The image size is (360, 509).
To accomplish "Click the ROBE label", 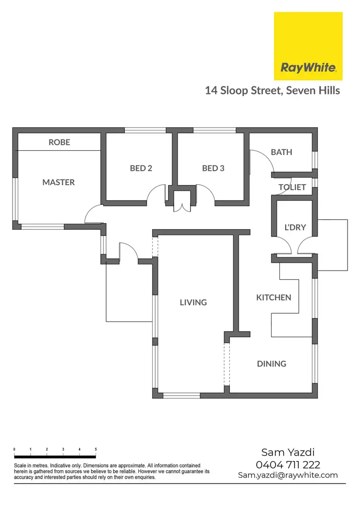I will click(59, 142).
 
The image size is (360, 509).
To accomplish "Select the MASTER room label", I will click(59, 182).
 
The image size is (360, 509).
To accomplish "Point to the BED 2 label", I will click(141, 168).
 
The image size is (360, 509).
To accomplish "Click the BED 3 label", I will click(213, 168).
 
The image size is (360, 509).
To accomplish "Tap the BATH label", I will click(281, 152).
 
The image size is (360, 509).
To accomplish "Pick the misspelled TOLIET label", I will click(292, 187).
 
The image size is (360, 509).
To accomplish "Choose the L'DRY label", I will click(294, 227).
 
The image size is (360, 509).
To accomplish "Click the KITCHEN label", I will click(274, 297).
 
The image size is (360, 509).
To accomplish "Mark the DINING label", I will click(272, 364).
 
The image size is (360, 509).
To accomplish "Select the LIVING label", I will click(193, 302).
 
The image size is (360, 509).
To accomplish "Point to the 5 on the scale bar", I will click(96, 449).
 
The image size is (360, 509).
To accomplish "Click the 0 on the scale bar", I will click(14, 449).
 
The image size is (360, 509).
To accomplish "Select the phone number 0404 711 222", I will click(288, 464).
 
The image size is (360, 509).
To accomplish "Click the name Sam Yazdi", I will click(288, 452).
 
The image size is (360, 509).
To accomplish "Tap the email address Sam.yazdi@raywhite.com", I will click(288, 475).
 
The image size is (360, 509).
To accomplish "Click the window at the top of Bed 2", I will click(145, 130).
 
